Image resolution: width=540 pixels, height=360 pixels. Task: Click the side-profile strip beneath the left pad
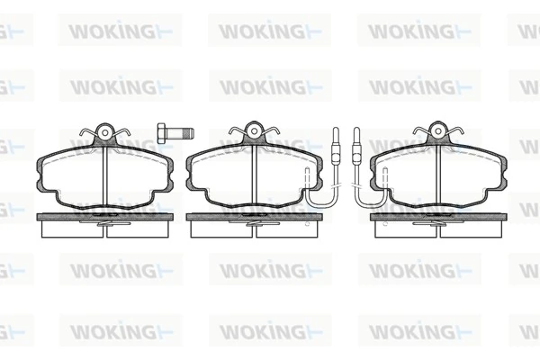click(x=104, y=218)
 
